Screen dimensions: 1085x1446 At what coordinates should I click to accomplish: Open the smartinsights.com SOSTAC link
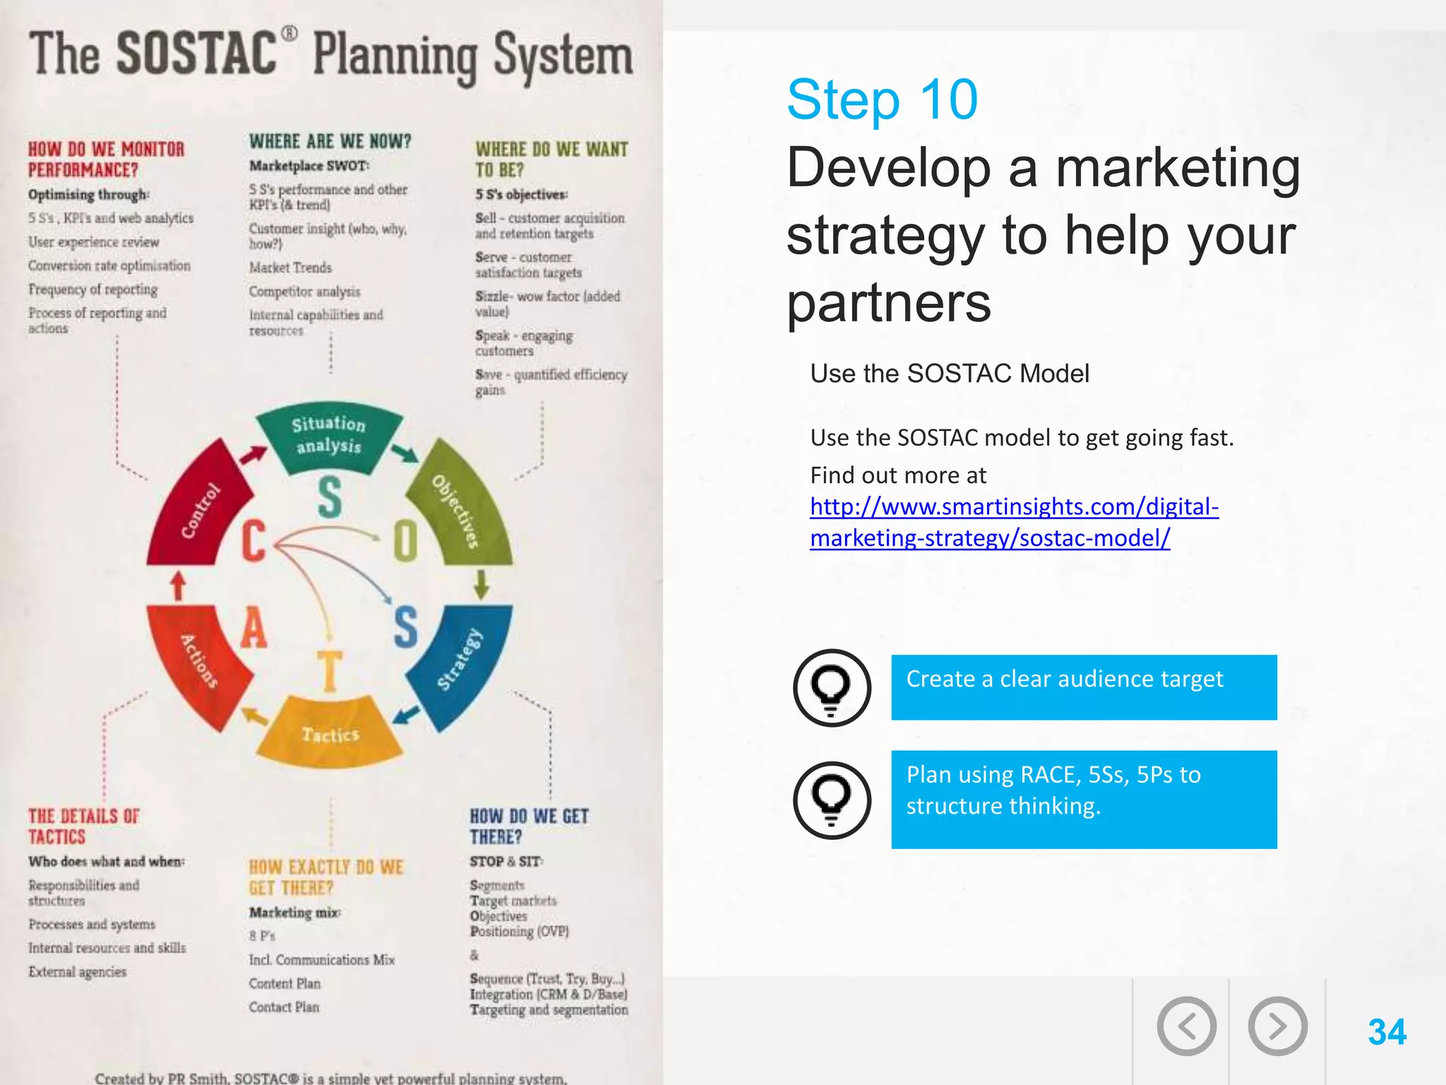click(1014, 522)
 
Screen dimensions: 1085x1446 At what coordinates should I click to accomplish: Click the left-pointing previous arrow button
click(1186, 1026)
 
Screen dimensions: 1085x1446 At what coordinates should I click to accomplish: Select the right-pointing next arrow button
click(1277, 1026)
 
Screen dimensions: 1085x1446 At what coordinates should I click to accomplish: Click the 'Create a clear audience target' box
click(1083, 687)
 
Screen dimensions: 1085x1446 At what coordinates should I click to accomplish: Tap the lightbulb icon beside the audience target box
click(832, 687)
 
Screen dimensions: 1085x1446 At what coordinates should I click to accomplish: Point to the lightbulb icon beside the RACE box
click(832, 800)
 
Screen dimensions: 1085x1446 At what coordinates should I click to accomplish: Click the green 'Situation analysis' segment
click(329, 437)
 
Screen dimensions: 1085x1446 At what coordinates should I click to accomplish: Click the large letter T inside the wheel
click(329, 671)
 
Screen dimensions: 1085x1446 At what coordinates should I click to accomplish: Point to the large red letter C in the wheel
click(254, 541)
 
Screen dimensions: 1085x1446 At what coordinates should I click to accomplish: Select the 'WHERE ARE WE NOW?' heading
click(330, 141)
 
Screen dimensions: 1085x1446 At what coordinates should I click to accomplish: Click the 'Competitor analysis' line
click(304, 291)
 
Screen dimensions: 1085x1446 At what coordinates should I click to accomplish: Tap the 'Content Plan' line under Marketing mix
click(285, 983)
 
